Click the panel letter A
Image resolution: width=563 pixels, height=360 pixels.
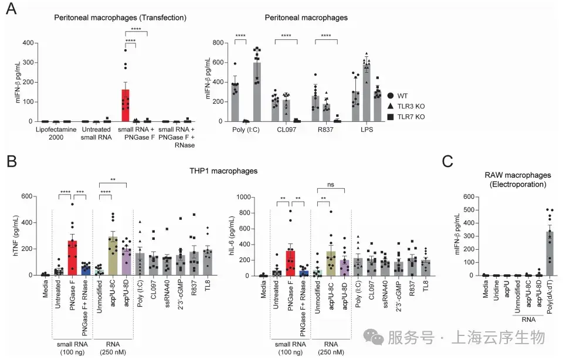11,9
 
